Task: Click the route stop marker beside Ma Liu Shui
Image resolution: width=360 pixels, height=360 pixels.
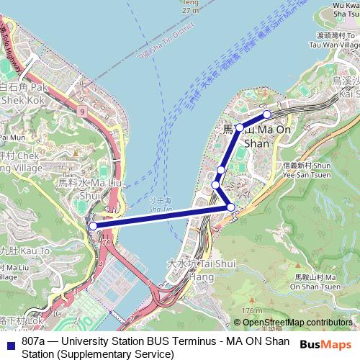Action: [92, 226]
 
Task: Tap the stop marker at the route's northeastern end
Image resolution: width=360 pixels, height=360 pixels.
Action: [267, 114]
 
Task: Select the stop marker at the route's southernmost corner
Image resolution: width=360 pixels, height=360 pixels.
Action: [230, 207]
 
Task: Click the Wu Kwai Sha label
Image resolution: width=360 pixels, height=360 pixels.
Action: [346, 11]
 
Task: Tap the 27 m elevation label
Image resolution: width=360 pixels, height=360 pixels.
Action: [189, 11]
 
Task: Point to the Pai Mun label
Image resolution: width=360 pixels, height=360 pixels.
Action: [13, 135]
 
